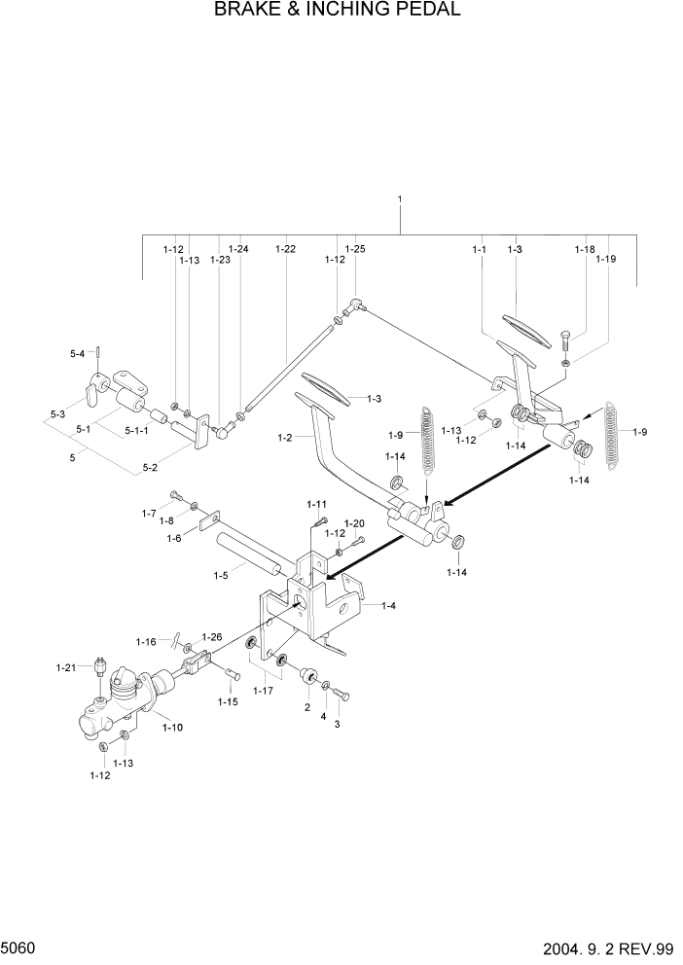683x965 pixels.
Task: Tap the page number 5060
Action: tap(20, 947)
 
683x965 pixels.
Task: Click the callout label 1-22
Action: tap(285, 249)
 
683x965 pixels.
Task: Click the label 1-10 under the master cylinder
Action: tap(172, 727)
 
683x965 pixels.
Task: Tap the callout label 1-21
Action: tap(66, 666)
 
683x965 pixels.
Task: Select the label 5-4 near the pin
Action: tap(78, 353)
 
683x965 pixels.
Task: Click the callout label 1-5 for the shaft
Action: tap(222, 576)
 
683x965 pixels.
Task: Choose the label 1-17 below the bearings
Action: tap(262, 691)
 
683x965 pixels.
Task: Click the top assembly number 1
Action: tap(399, 199)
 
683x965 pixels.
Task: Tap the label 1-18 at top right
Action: tap(583, 249)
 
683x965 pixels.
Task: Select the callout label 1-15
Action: tap(228, 701)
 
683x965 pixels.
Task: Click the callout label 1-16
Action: tap(146, 641)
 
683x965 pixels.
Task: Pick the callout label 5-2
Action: tap(150, 467)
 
